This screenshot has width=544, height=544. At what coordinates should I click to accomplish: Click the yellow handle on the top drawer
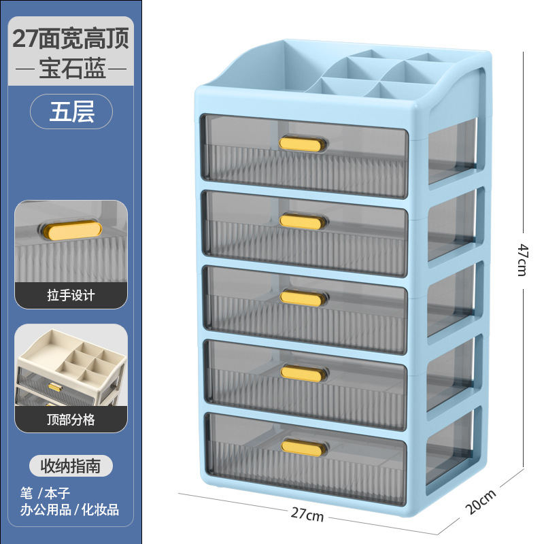pyautogui.click(x=303, y=143)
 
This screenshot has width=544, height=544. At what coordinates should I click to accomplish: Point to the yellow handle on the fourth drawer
pyautogui.click(x=301, y=372)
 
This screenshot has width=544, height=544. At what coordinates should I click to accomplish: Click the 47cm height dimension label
pyautogui.click(x=522, y=259)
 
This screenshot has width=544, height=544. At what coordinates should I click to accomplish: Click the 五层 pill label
pyautogui.click(x=71, y=112)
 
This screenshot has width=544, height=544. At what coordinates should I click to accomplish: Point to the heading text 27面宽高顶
pyautogui.click(x=71, y=37)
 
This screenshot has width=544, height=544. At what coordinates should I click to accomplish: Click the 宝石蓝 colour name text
pyautogui.click(x=71, y=70)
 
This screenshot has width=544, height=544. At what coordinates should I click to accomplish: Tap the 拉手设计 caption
pyautogui.click(x=71, y=295)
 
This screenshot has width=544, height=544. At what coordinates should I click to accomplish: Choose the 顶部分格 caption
pyautogui.click(x=71, y=420)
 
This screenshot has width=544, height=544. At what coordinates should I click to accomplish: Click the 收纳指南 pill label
pyautogui.click(x=71, y=466)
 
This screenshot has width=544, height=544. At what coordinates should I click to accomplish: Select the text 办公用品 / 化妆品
pyautogui.click(x=70, y=509)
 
